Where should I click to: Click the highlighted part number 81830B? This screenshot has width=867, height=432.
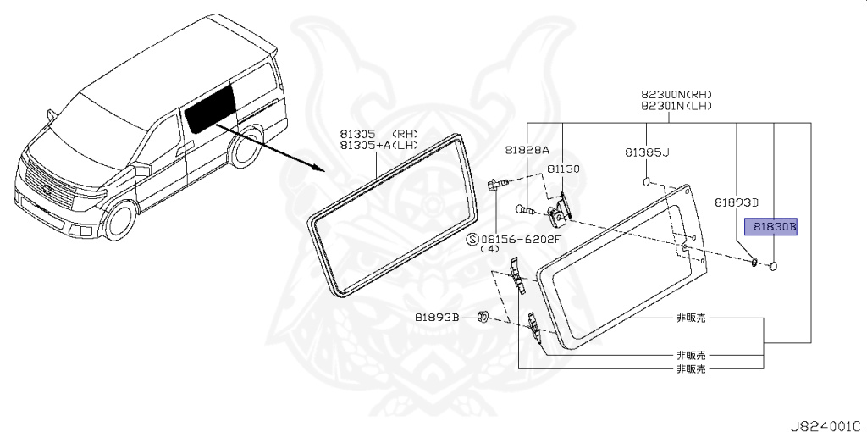click(x=770, y=226)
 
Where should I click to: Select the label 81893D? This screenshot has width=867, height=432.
click(x=736, y=202)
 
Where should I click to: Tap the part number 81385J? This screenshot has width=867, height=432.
click(x=647, y=152)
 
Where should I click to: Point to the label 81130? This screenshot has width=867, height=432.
click(x=563, y=169)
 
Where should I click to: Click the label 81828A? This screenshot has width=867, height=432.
click(x=527, y=150)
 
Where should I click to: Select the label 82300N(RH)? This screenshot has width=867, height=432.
click(x=676, y=95)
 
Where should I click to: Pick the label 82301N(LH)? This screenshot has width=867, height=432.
click(x=676, y=106)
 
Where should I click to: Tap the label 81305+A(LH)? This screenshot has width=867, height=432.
click(x=378, y=146)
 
